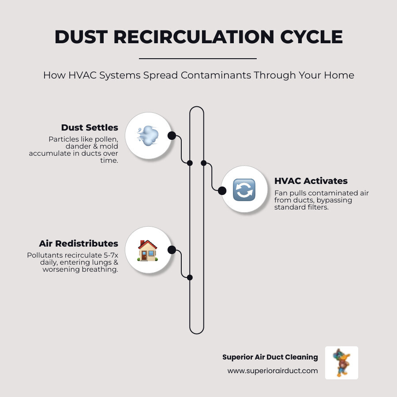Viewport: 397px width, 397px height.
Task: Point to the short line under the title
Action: coord(198,58)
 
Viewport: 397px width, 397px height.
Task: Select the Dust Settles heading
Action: coord(90,127)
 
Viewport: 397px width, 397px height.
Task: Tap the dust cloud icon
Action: coord(148,135)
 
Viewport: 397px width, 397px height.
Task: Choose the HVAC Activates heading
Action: coord(311,181)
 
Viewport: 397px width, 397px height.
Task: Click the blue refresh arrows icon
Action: coord(244,190)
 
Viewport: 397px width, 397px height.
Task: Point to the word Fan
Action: coord(281,193)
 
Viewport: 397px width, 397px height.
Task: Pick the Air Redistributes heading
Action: coord(79,243)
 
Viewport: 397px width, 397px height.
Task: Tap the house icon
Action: coord(148,250)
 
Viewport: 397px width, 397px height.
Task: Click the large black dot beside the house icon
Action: coord(172,250)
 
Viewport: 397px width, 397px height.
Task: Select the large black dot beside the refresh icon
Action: coord(222,191)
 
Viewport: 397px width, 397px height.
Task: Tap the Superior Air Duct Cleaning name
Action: coord(270,357)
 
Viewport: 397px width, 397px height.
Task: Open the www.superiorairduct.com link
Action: coord(273,371)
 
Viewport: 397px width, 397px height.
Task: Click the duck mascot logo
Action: coord(341,363)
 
